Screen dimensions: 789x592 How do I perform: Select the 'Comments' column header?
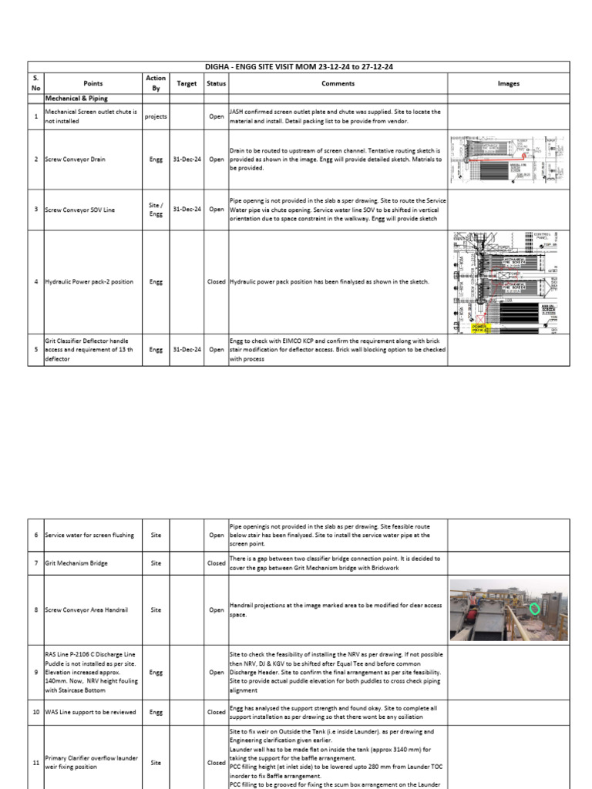(338, 84)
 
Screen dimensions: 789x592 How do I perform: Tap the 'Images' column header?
(508, 84)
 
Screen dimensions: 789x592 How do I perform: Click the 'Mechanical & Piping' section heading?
(76, 99)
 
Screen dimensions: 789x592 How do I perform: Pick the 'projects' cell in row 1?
(156, 117)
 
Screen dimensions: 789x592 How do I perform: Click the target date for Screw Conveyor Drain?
(187, 159)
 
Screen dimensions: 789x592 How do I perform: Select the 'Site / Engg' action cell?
(156, 210)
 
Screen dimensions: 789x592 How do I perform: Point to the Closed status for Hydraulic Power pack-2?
(216, 282)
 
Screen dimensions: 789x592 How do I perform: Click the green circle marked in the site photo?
(535, 609)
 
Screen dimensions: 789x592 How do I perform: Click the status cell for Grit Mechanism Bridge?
(216, 563)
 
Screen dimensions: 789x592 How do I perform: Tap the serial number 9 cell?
(36, 671)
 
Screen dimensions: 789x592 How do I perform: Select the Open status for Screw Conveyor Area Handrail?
(216, 609)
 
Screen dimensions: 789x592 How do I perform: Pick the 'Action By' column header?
(156, 84)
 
